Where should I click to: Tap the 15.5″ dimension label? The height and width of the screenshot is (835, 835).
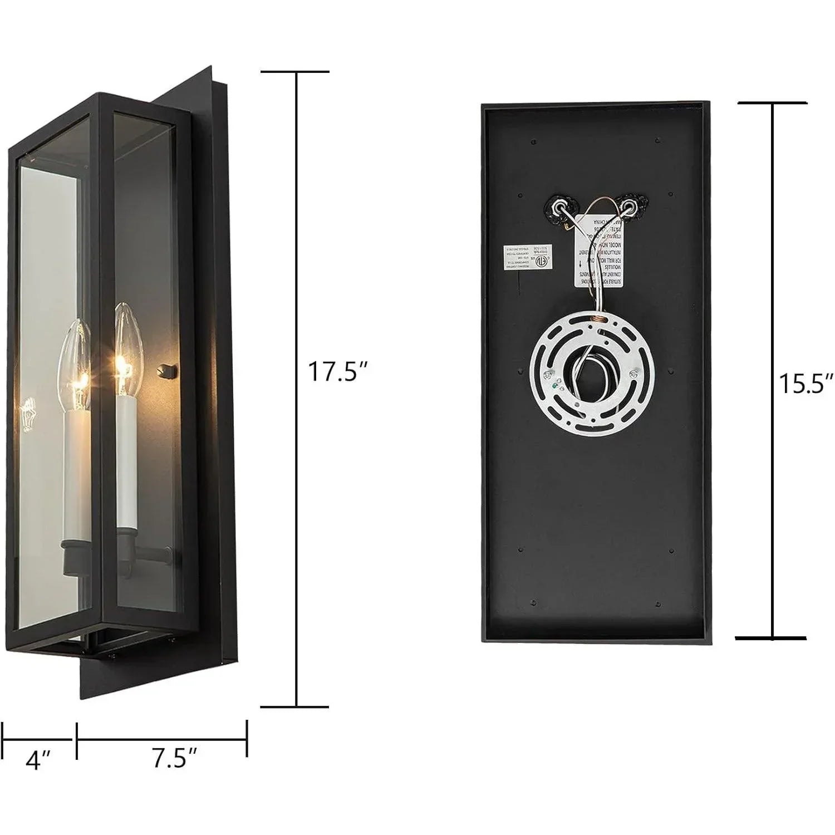tap(805, 384)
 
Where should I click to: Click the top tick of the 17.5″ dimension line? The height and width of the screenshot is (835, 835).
tap(295, 72)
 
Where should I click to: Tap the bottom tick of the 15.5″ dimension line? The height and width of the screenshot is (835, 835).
tap(772, 637)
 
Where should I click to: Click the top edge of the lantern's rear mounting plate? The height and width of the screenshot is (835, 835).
tap(189, 83)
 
